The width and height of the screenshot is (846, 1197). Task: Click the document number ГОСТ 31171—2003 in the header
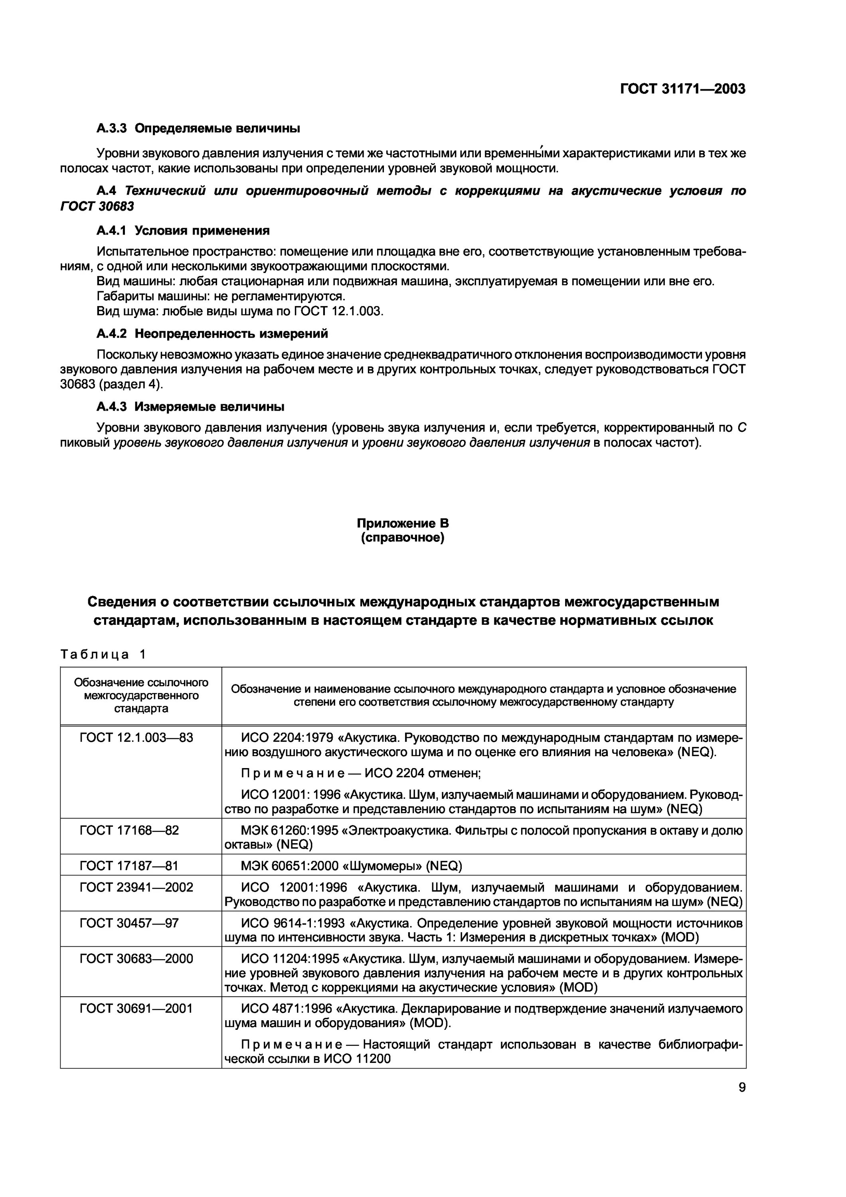click(x=682, y=89)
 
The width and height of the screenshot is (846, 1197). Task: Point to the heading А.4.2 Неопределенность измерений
click(x=212, y=333)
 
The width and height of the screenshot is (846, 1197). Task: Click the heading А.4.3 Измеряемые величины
click(x=190, y=406)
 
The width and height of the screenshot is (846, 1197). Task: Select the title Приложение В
click(x=402, y=523)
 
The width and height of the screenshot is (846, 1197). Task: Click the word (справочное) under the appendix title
click(x=402, y=537)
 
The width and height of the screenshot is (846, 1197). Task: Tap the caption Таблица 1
click(x=103, y=654)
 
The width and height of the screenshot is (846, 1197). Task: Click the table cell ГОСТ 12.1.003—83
click(x=136, y=738)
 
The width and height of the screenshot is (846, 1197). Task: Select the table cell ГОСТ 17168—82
click(x=129, y=830)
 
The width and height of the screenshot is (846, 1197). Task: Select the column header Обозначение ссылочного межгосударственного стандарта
click(x=141, y=695)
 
